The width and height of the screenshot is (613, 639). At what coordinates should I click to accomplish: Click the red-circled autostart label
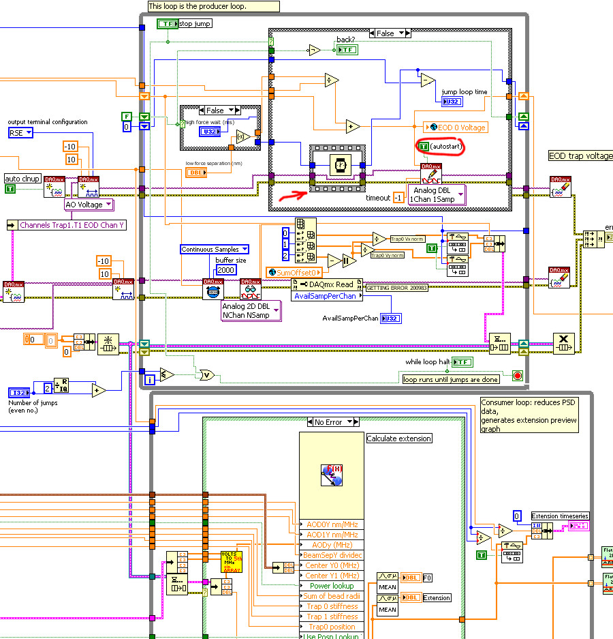440,147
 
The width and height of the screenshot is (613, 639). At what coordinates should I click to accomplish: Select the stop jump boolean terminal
167,24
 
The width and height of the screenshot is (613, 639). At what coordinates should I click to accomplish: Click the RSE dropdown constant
20,132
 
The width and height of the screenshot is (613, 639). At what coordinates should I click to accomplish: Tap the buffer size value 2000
225,270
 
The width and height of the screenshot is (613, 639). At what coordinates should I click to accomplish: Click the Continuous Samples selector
215,250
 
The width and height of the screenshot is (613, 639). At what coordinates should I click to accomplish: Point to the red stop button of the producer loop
517,376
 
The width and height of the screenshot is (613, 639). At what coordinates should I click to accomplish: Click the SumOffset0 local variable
294,272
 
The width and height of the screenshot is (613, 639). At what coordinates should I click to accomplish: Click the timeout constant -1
398,197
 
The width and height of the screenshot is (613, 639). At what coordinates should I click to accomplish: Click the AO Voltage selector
88,204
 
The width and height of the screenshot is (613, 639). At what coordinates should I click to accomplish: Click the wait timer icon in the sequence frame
339,165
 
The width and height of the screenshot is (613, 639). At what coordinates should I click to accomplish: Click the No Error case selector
333,422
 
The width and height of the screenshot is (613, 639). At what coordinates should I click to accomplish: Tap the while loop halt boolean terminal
463,361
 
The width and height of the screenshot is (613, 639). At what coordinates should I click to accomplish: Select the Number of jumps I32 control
19,392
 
